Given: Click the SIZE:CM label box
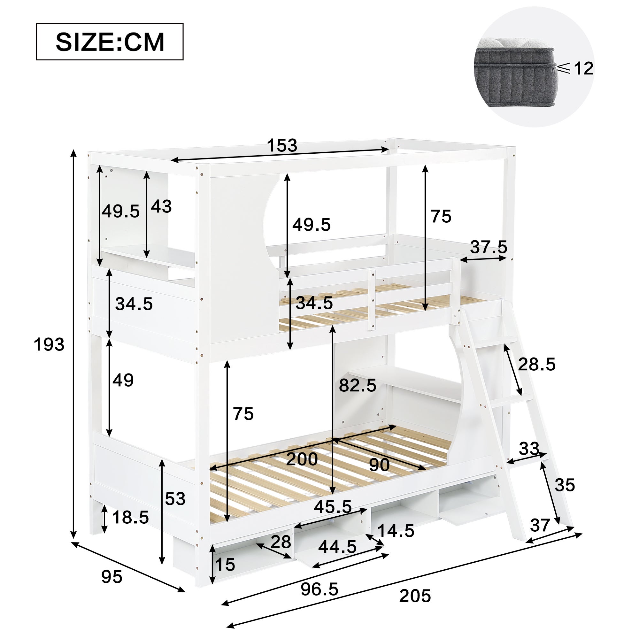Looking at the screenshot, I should pos(110,42).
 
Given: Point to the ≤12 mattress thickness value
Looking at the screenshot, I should pos(575,68).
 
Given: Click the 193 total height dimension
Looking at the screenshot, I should pos(49,345).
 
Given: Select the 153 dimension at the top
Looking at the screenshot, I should pos(282,145).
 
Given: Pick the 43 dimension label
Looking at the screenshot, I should pos(161,206).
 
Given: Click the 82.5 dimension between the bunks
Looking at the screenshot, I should pos(358,385).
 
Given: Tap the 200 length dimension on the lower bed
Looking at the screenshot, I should pos(302,459).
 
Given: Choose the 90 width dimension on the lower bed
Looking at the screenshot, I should pos(379,466).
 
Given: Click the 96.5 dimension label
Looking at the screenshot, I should pos(319,589).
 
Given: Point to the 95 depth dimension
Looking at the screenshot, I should pos(112,577).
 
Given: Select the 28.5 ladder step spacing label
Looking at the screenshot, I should pos(536,365).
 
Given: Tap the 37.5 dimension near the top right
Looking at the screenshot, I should pos(489,247).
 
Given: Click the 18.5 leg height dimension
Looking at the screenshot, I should pos(131,517).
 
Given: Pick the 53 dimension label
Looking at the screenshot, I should pos(175,498).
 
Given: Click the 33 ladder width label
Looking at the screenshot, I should pos(529,449).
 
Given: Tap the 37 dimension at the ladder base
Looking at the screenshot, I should pos(540,525).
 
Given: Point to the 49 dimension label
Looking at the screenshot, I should pos(123,380).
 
